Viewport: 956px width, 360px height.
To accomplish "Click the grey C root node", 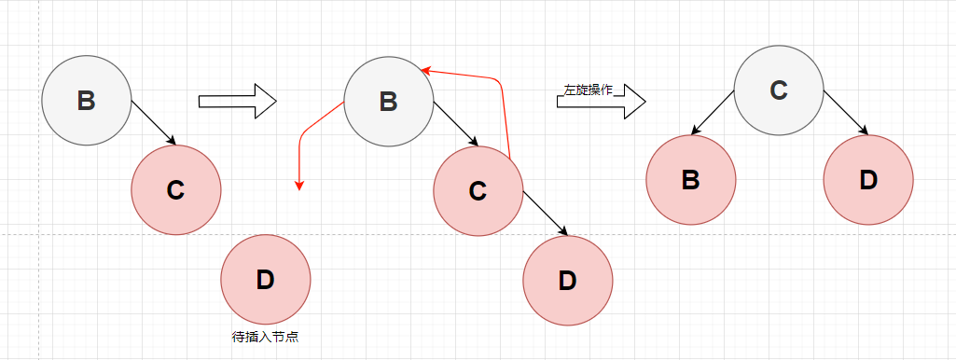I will [779, 90].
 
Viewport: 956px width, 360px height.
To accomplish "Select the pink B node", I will [690, 180].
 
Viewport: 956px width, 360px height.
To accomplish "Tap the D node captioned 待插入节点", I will [265, 278].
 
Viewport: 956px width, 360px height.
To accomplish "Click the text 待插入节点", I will [264, 338].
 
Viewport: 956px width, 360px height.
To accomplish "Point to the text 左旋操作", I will [588, 90].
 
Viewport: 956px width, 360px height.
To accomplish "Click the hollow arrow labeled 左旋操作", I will [602, 100].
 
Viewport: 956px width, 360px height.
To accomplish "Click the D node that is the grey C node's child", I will [867, 180].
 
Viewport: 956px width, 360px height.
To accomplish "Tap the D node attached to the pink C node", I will [567, 280].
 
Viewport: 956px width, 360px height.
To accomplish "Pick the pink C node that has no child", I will [175, 189].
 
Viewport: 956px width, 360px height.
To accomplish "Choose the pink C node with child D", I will [478, 191].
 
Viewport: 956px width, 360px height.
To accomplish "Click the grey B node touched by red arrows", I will [388, 101].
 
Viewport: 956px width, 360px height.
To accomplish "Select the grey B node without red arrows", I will [86, 100].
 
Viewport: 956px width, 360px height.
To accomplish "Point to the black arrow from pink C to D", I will [546, 214].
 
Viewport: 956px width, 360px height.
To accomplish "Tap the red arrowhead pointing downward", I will [298, 186].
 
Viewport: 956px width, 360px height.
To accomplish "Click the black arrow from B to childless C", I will [154, 122].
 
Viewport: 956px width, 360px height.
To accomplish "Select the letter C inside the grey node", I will [779, 90].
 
